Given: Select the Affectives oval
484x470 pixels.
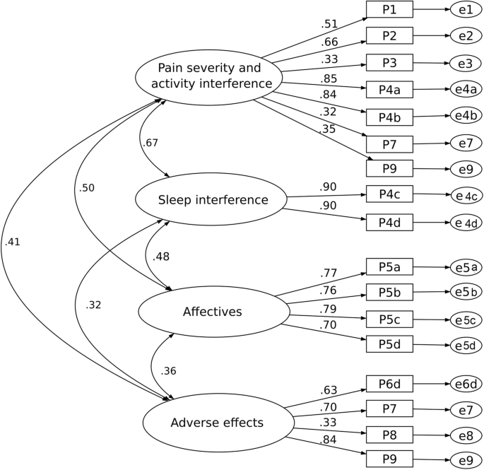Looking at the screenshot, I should tap(212, 311).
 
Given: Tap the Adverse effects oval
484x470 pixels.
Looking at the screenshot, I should tap(217, 423).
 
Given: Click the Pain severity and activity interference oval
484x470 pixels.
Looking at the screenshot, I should tap(205, 76).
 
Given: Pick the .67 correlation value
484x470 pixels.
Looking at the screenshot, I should tap(150, 143).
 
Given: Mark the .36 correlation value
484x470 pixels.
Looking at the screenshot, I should tap(168, 371).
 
